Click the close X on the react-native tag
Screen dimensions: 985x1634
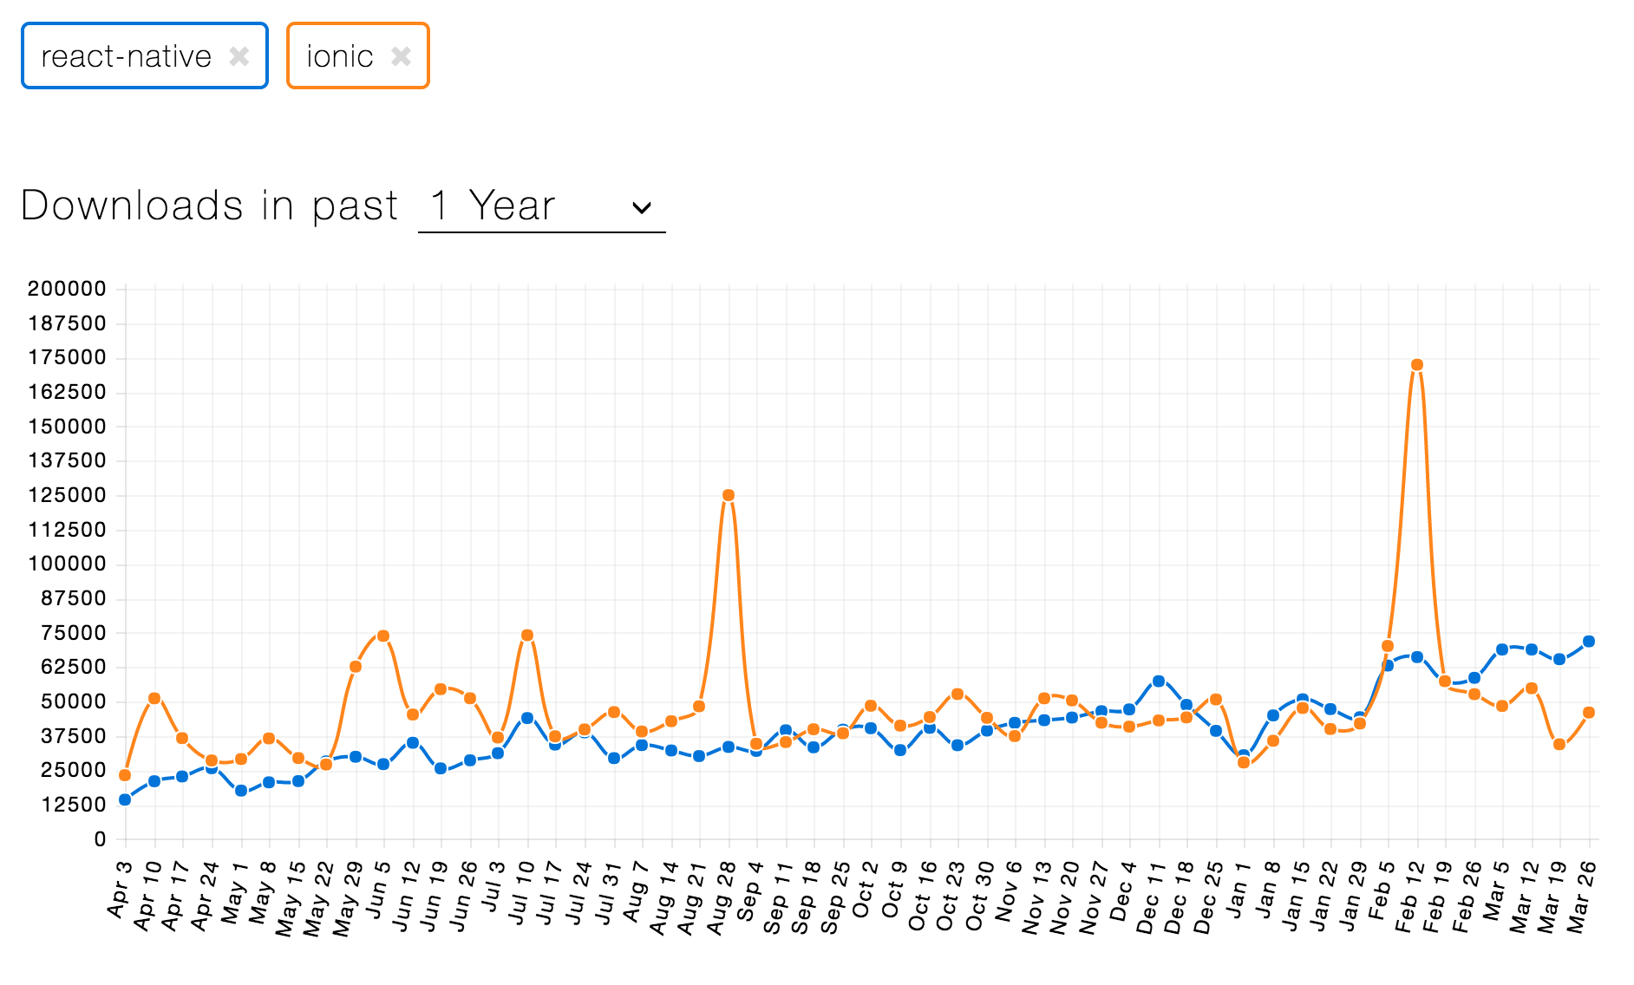click(239, 56)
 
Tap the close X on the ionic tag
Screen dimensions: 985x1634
click(401, 56)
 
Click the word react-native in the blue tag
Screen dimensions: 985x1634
click(126, 56)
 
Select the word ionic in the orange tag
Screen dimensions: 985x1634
click(339, 56)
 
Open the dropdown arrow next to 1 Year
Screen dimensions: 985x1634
click(642, 207)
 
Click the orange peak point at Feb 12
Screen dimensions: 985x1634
click(1417, 365)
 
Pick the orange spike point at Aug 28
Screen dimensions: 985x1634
click(729, 495)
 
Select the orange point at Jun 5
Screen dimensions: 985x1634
click(383, 636)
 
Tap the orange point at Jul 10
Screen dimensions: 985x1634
click(527, 636)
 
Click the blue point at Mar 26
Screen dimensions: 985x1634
click(1589, 642)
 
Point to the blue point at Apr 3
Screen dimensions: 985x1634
click(125, 799)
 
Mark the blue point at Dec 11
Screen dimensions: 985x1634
click(1159, 682)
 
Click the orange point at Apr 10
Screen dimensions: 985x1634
click(154, 698)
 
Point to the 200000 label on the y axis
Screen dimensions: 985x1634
click(67, 289)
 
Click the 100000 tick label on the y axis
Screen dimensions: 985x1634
click(67, 564)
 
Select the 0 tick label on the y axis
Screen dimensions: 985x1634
click(101, 838)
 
